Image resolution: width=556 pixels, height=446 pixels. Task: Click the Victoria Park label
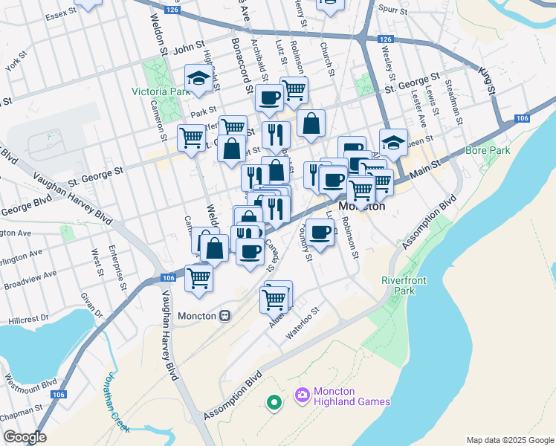click(x=161, y=91)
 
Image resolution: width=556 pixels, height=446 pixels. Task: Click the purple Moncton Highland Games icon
click(x=303, y=396)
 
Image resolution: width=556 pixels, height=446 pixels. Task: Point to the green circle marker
click(x=274, y=403)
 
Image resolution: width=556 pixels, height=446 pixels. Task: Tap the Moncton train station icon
click(x=224, y=315)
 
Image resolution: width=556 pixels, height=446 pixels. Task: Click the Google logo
click(x=25, y=437)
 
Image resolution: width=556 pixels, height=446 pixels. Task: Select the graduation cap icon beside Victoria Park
click(x=198, y=78)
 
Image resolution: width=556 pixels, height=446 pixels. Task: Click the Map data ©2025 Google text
click(x=509, y=439)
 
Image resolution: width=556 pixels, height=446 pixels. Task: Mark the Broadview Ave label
click(x=30, y=279)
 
